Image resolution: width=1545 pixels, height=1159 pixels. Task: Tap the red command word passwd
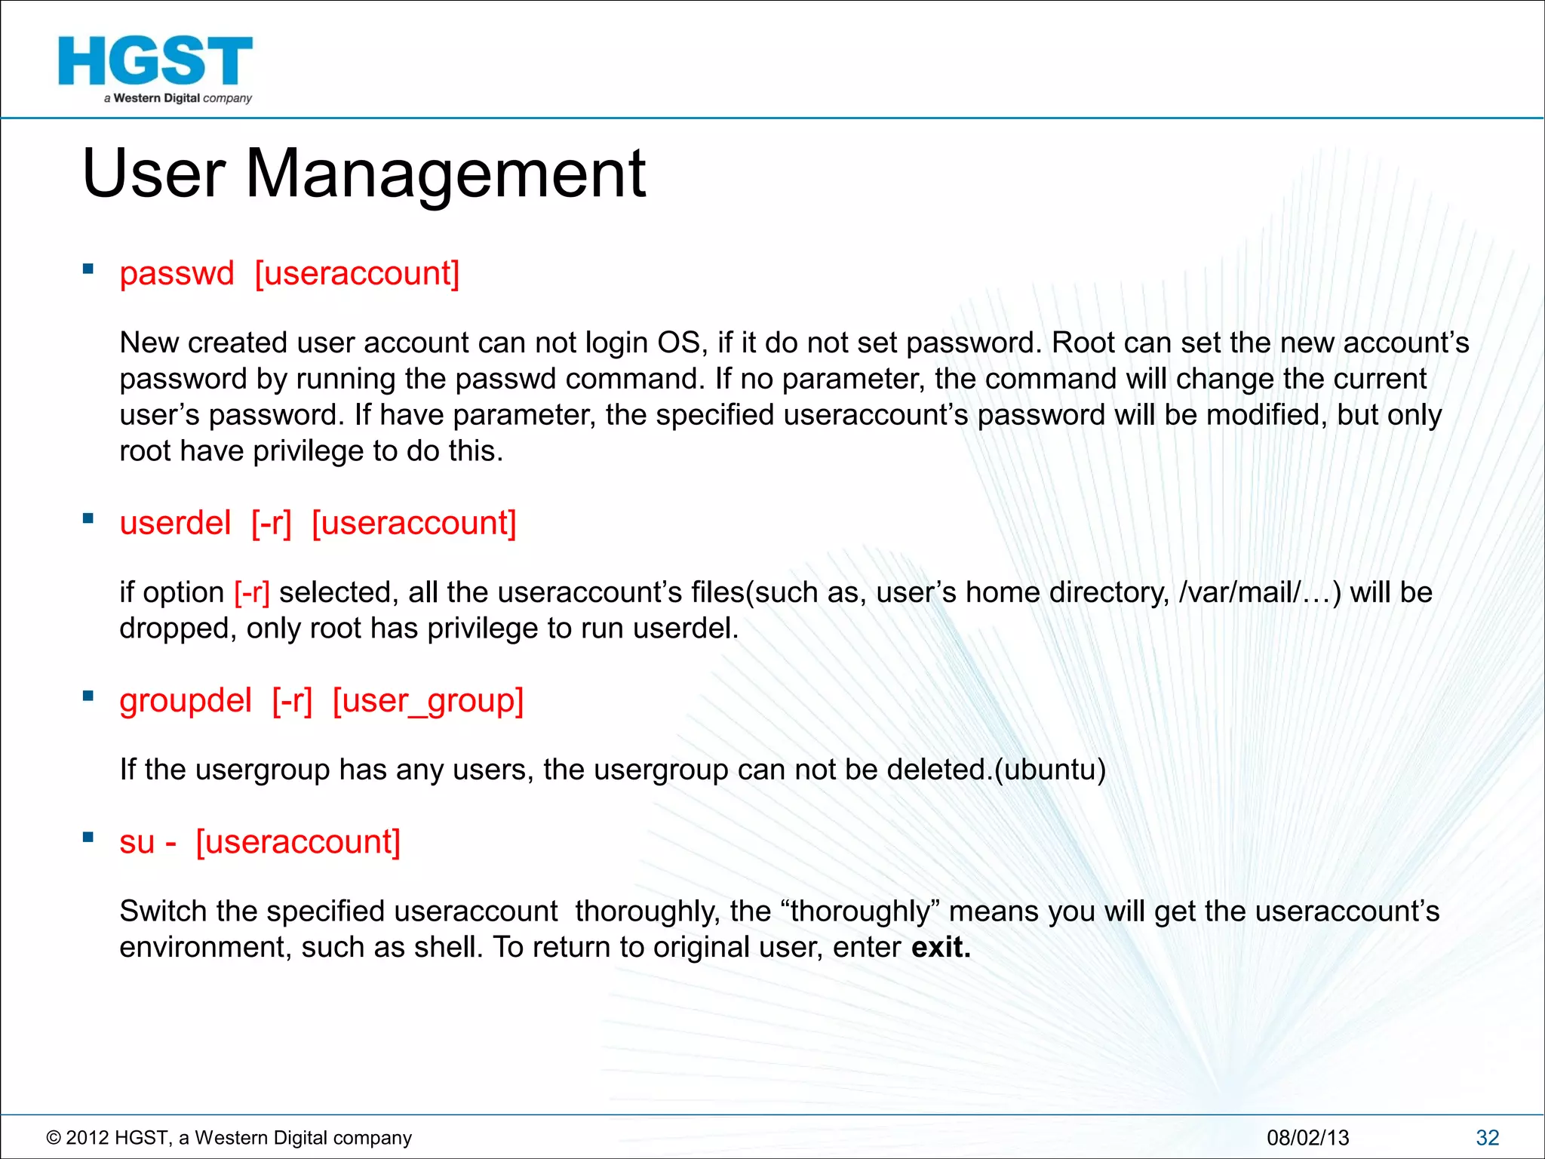(x=177, y=273)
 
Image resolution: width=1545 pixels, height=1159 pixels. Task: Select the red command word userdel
(x=175, y=523)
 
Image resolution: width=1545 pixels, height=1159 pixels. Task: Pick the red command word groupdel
(x=186, y=700)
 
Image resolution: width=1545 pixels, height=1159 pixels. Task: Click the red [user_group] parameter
(x=428, y=700)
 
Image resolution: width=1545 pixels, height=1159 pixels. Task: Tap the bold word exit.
(x=940, y=947)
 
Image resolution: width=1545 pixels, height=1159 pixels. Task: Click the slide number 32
(x=1487, y=1137)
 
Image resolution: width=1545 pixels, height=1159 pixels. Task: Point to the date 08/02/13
(x=1307, y=1137)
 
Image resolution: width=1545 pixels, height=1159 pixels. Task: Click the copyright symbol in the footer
(x=54, y=1138)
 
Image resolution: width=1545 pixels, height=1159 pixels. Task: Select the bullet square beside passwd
(x=88, y=269)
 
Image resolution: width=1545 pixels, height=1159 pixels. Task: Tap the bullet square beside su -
(x=88, y=837)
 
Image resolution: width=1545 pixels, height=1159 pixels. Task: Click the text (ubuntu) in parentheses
(x=1050, y=770)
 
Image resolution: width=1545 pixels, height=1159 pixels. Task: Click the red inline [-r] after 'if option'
(x=252, y=592)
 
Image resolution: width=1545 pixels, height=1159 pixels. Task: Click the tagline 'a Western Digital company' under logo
(x=178, y=98)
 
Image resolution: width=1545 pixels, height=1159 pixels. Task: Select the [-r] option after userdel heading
(x=271, y=523)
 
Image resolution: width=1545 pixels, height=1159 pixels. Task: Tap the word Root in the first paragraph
(x=1083, y=343)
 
